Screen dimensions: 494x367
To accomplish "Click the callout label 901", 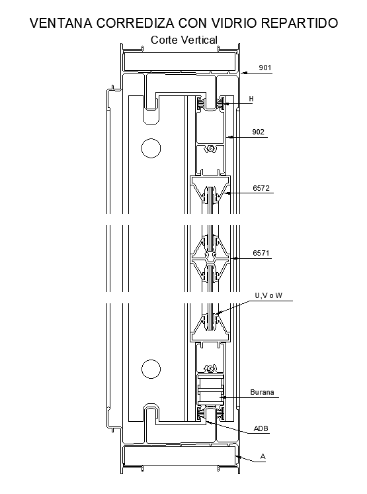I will click(265, 68).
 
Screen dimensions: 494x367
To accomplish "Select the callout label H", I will click(251, 99).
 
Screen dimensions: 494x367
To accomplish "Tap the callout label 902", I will click(259, 132).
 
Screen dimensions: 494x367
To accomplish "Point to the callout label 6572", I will click(261, 189).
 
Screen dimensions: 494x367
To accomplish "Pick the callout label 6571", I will click(261, 253).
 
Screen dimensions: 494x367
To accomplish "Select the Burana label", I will click(262, 393).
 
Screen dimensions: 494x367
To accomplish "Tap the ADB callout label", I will click(261, 428).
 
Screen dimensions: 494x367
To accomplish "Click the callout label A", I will click(263, 456).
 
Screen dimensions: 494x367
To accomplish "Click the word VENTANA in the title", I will click(60, 23).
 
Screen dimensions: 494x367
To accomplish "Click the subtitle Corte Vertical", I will click(184, 40).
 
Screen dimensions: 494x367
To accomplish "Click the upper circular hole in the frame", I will click(151, 148).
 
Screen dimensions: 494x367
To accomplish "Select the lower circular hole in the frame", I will click(151, 368).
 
